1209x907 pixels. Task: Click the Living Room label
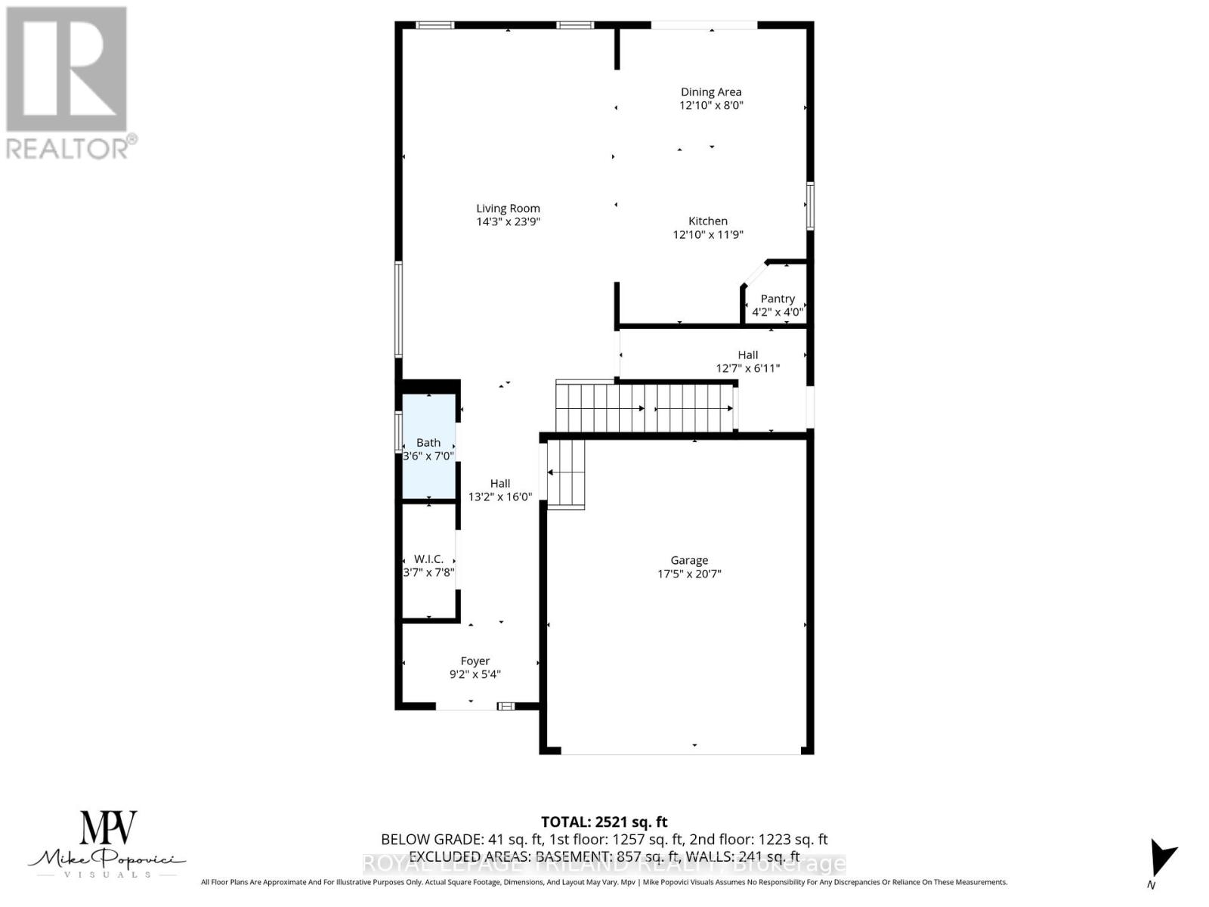coord(508,209)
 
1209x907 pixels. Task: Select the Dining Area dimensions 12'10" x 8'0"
coord(711,105)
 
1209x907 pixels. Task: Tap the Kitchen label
coord(708,221)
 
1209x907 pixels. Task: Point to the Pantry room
coord(778,299)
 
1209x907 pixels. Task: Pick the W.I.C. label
coord(428,559)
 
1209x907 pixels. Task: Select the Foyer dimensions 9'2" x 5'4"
coord(475,674)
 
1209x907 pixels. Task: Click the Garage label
coord(689,560)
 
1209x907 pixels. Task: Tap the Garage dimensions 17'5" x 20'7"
coord(689,574)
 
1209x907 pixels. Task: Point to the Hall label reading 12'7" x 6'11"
coord(748,354)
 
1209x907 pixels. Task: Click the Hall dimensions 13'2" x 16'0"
coord(500,497)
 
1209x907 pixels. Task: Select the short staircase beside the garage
coord(566,474)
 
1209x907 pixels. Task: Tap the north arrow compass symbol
coord(1161,859)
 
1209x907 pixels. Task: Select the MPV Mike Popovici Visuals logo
coord(107,844)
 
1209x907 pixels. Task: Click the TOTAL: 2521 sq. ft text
coord(604,822)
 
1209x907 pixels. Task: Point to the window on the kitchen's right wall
coord(810,206)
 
